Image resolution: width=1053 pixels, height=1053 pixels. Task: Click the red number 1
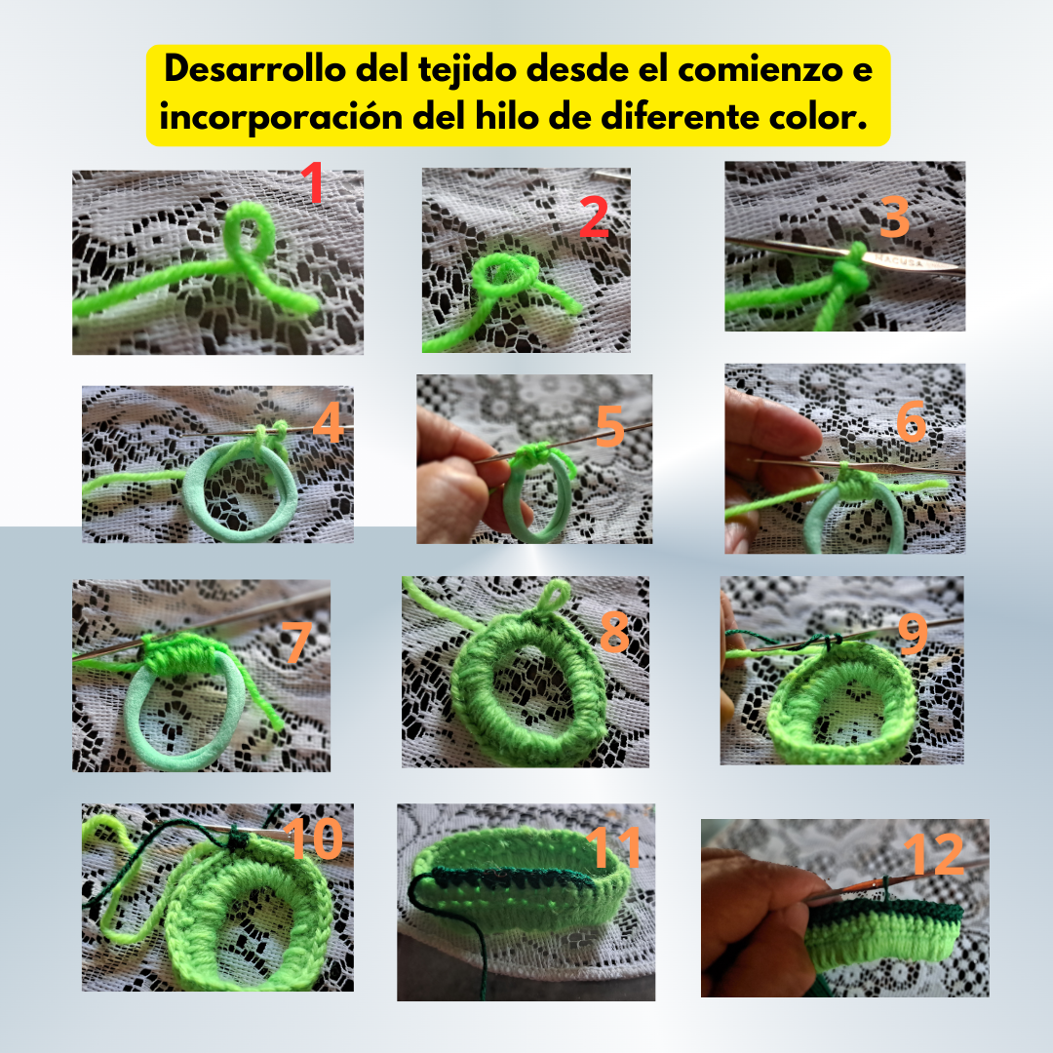(313, 181)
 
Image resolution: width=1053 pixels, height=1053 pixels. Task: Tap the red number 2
(595, 216)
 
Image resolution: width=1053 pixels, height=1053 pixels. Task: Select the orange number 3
(894, 216)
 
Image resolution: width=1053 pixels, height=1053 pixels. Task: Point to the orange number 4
(329, 423)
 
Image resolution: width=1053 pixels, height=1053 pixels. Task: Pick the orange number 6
(912, 422)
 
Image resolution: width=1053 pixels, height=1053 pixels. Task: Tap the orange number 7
(295, 642)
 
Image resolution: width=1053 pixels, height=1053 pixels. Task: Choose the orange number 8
(614, 631)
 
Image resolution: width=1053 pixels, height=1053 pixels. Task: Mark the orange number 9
(913, 635)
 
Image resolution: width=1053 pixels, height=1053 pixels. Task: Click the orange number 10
(314, 838)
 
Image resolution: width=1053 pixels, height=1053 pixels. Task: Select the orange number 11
(613, 847)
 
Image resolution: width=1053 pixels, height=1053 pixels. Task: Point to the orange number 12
(935, 854)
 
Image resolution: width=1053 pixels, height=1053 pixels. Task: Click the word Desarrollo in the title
(255, 68)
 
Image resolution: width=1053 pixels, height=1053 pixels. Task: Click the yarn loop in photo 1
(250, 232)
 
